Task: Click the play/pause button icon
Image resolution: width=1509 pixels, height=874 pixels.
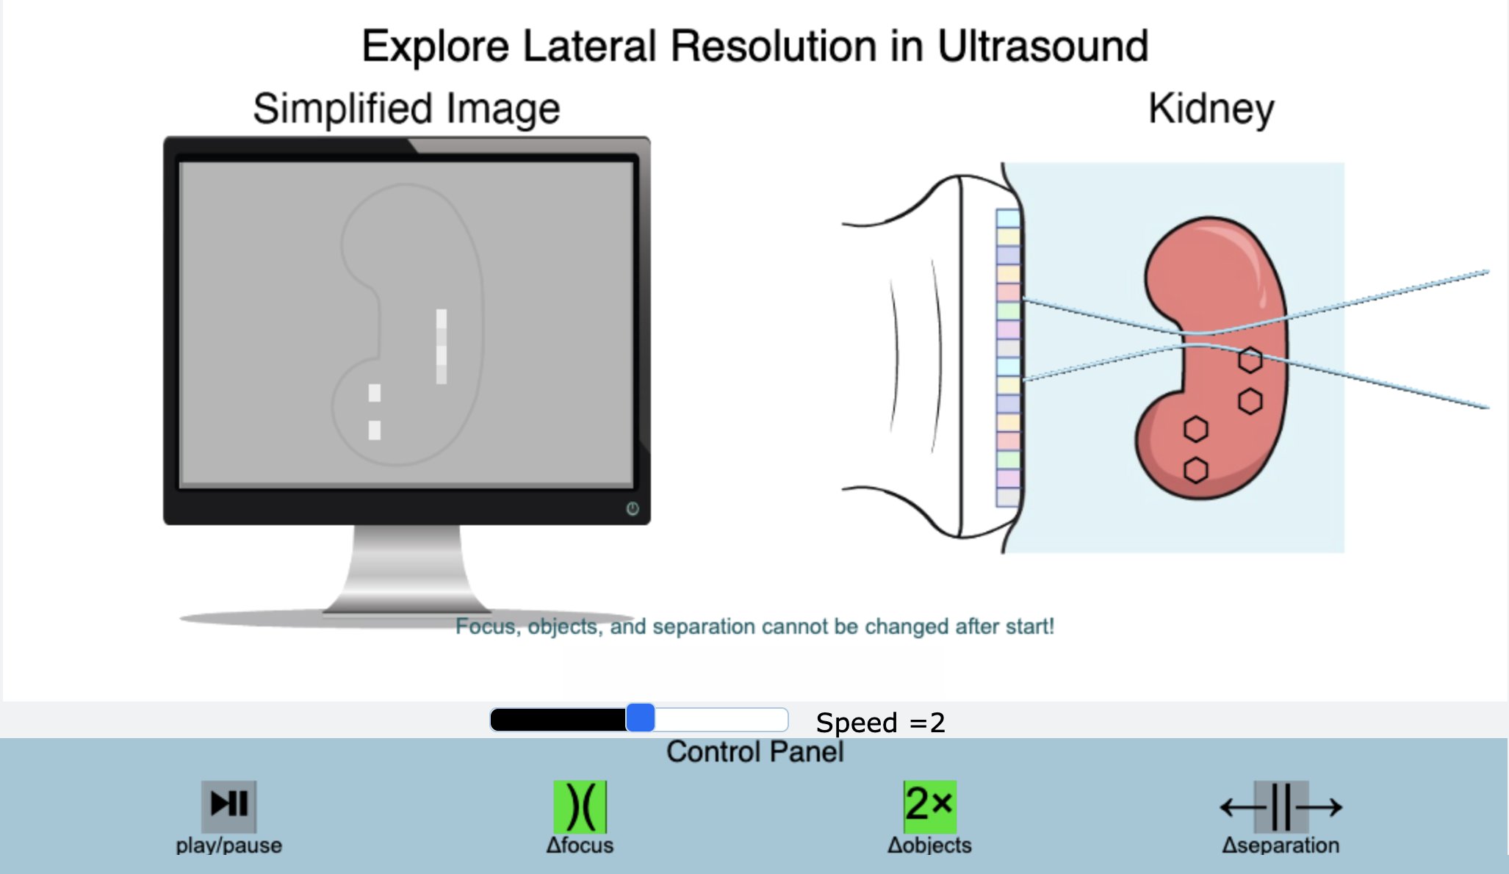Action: click(229, 804)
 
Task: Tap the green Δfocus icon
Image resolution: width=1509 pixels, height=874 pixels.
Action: click(580, 806)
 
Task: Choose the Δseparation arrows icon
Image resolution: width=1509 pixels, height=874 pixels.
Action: click(1281, 807)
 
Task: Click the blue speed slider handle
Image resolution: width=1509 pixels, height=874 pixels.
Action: click(641, 718)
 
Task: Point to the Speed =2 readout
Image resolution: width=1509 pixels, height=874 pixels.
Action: click(880, 723)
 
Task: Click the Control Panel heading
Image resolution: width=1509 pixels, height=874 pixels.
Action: click(754, 752)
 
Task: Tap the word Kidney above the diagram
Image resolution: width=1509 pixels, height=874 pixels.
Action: click(1211, 110)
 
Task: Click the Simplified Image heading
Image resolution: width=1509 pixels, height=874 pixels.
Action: click(406, 109)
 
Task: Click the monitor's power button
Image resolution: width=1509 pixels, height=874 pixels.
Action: click(633, 508)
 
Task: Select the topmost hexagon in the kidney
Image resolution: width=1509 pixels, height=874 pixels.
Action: click(1250, 360)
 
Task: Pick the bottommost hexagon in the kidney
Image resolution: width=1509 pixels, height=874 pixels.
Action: click(1196, 470)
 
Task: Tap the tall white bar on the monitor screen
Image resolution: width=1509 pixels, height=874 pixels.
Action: click(442, 347)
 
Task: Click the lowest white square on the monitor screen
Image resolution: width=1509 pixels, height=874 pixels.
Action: click(375, 430)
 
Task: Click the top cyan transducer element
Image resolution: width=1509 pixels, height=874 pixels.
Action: click(1008, 218)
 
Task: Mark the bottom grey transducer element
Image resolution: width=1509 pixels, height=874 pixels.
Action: click(1008, 497)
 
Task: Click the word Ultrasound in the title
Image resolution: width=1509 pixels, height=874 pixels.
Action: click(1042, 46)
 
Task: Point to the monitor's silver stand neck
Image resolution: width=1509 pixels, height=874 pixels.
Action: click(407, 566)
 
